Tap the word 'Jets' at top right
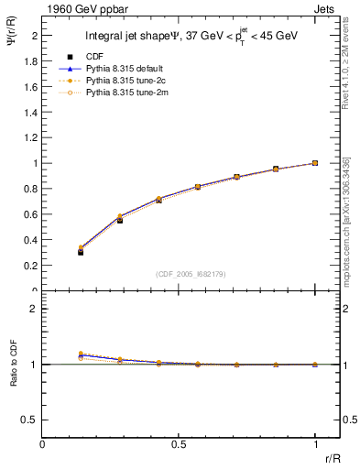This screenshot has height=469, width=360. click(326, 8)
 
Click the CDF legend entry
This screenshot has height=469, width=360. click(92, 57)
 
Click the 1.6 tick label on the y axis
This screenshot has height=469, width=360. click(31, 86)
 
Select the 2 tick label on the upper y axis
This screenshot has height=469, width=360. click(35, 35)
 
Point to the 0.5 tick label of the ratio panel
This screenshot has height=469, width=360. click(30, 420)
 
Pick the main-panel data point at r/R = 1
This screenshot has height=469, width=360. click(315, 163)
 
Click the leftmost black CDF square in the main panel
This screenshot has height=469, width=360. click(81, 252)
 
